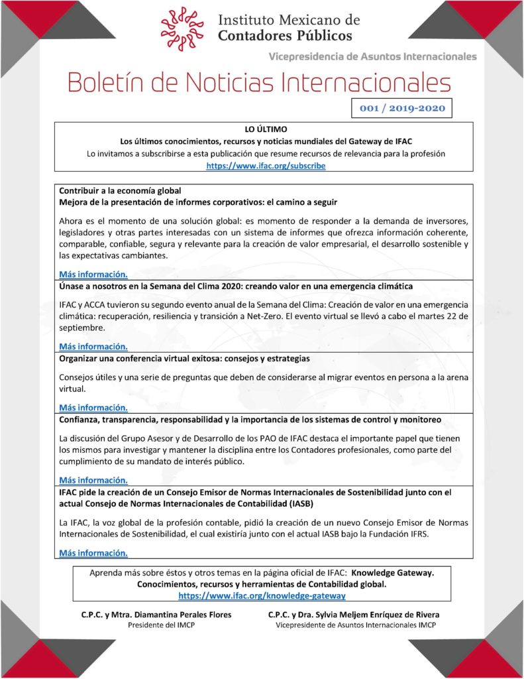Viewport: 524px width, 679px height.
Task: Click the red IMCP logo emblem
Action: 182,25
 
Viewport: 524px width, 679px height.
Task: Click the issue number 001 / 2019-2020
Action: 402,107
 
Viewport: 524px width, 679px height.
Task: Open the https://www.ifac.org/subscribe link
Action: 266,166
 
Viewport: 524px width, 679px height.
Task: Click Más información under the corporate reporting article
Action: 93,274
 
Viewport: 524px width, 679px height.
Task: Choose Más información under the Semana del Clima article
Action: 93,346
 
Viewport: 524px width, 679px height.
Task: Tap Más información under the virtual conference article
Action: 93,407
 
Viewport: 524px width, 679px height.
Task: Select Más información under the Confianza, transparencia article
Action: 93,480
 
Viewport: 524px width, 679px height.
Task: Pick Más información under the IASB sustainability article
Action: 93,552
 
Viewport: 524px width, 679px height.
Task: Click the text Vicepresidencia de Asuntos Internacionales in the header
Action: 372,56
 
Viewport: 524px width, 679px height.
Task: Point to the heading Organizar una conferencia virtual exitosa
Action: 184,358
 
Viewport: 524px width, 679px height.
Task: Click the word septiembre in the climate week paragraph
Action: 82,328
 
